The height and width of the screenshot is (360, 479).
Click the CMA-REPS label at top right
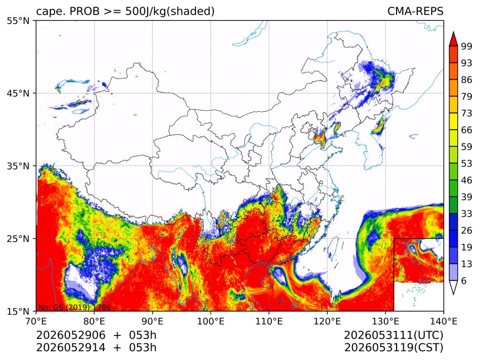tap(415, 11)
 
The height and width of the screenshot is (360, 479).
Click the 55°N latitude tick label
tap(18, 21)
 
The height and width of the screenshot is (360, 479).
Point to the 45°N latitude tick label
tap(18, 93)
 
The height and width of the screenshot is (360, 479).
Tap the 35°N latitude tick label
tap(18, 166)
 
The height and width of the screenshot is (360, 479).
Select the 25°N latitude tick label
tap(18, 239)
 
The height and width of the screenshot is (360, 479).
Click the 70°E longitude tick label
tap(36, 321)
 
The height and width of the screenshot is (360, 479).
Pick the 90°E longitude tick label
tap(153, 321)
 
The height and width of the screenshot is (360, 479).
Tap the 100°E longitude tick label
tap(211, 321)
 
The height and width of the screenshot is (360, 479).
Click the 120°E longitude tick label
tap(327, 321)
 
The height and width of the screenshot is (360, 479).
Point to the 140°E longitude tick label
tap(443, 321)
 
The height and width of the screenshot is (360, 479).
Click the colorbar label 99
tap(467, 46)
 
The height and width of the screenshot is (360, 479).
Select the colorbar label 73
tap(467, 113)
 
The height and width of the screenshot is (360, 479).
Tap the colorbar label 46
tap(467, 180)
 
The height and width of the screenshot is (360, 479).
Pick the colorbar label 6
tap(464, 280)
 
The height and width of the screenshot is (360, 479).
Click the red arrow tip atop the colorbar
tap(453, 32)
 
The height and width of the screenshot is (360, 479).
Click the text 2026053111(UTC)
tap(393, 335)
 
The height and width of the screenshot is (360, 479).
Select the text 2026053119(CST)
tap(393, 348)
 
